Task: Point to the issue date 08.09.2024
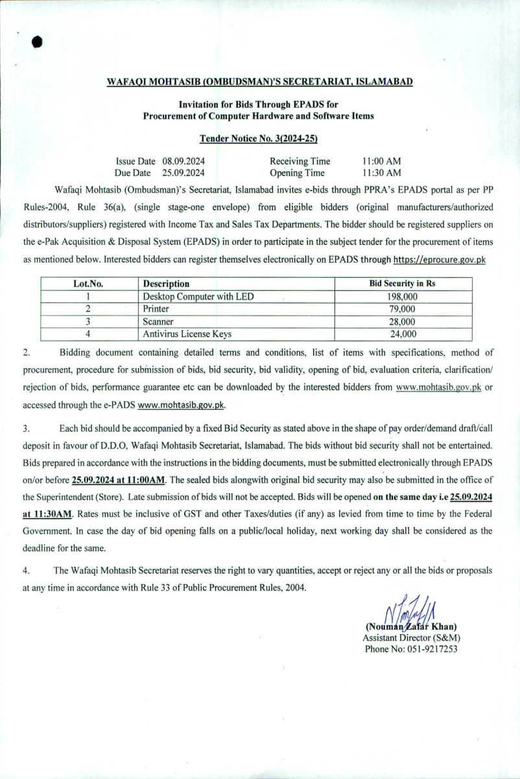click(184, 161)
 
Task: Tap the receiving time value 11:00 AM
click(382, 161)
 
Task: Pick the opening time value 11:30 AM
click(382, 173)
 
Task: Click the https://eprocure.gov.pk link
click(440, 260)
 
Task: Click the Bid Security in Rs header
click(402, 284)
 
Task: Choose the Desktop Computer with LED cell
click(198, 297)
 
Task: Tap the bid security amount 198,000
click(402, 297)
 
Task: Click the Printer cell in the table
click(156, 309)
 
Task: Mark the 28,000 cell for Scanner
click(402, 321)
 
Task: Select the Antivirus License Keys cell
click(187, 334)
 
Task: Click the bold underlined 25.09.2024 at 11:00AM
click(119, 480)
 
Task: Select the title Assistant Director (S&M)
click(411, 638)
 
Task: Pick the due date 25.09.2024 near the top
click(184, 173)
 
